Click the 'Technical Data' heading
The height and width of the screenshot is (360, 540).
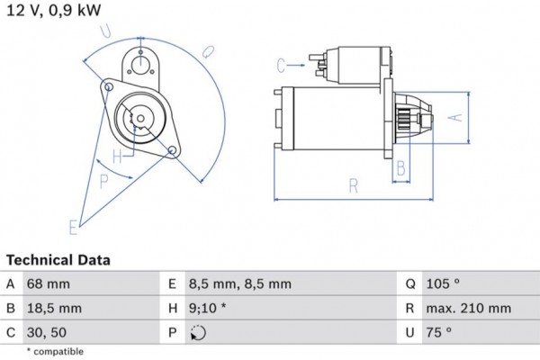pyautogui.click(x=58, y=260)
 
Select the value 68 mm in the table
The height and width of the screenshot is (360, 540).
pyautogui.click(x=48, y=283)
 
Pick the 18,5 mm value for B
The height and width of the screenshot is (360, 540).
pyautogui.click(x=55, y=308)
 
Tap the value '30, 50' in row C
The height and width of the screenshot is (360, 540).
pyautogui.click(x=47, y=332)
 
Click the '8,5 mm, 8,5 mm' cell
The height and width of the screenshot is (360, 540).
pyautogui.click(x=239, y=283)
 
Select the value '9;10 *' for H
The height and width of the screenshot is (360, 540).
pyautogui.click(x=209, y=308)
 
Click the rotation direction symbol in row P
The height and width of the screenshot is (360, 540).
pyautogui.click(x=198, y=332)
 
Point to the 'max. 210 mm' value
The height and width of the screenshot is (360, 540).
pyautogui.click(x=471, y=308)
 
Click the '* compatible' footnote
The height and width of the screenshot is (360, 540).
pyautogui.click(x=55, y=351)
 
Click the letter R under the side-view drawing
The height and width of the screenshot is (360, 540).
pyautogui.click(x=354, y=187)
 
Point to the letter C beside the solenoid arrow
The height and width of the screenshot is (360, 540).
pyautogui.click(x=281, y=65)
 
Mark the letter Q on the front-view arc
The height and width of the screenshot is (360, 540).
pyautogui.click(x=209, y=48)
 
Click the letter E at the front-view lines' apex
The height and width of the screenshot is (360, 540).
pyautogui.click(x=73, y=227)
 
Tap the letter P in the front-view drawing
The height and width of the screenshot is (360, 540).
pyautogui.click(x=104, y=180)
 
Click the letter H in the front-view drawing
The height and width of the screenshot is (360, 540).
pyautogui.click(x=116, y=156)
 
